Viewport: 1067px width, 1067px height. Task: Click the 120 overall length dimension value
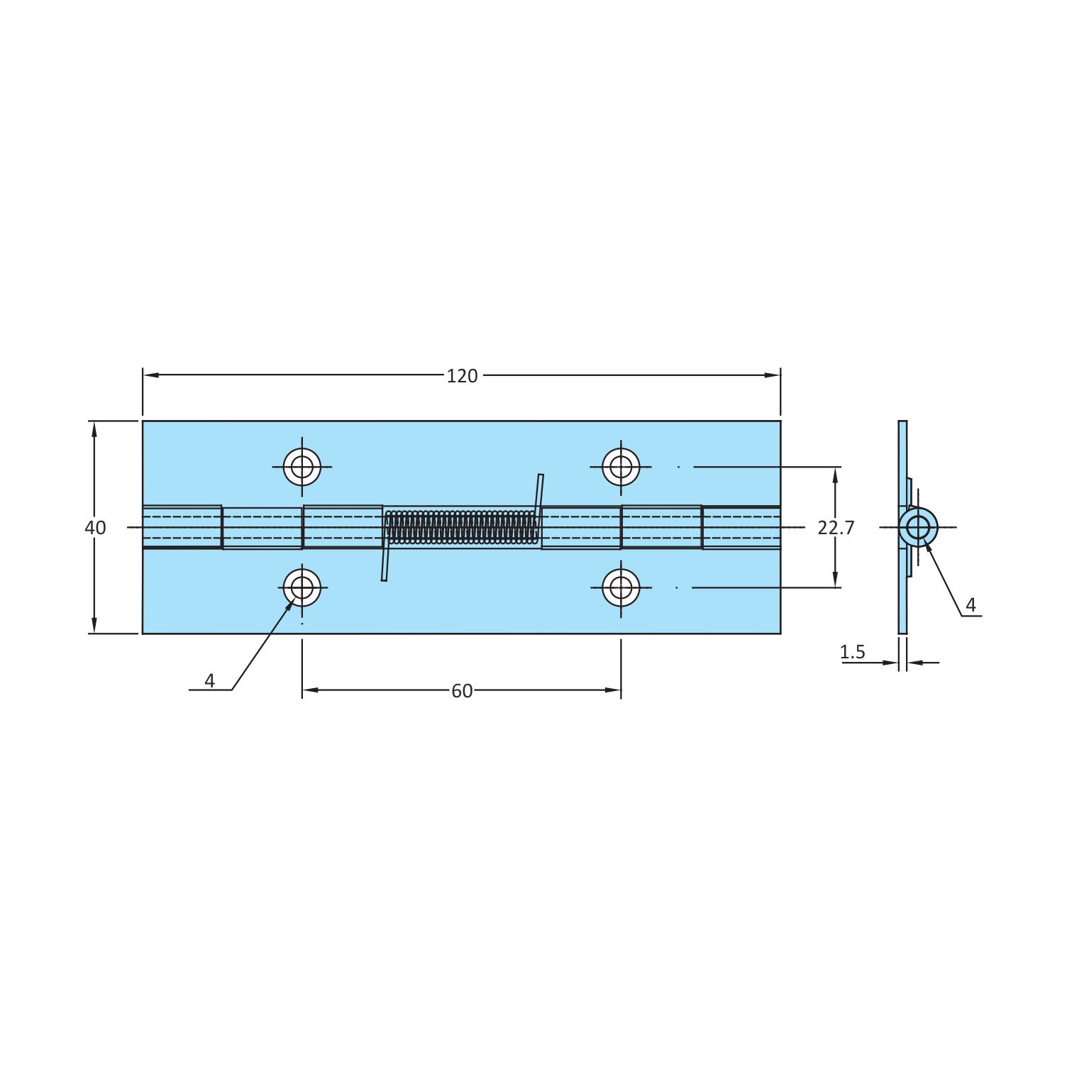pyautogui.click(x=462, y=376)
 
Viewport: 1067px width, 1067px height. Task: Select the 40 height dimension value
pyautogui.click(x=95, y=528)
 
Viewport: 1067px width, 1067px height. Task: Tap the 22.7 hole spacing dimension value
pyautogui.click(x=836, y=528)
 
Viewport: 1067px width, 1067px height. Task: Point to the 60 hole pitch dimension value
pyautogui.click(x=462, y=691)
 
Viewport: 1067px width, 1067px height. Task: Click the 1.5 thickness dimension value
pyautogui.click(x=853, y=652)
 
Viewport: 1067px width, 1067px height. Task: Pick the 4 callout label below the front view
pyautogui.click(x=209, y=681)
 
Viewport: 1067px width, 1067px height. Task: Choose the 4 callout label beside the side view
pyautogui.click(x=971, y=605)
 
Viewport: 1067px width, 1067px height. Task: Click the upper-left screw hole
pyautogui.click(x=302, y=467)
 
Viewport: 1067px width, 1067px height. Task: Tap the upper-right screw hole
pyautogui.click(x=621, y=467)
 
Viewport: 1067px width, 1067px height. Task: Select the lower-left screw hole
pyautogui.click(x=302, y=587)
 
